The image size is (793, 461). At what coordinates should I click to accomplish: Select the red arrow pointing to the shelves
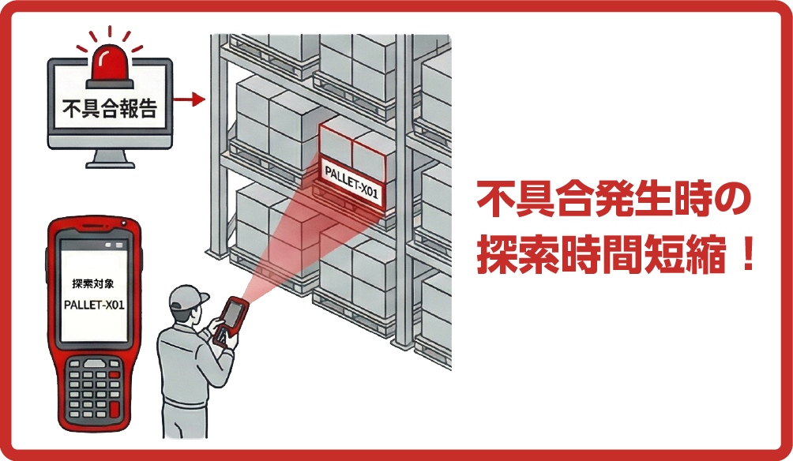[x=190, y=99]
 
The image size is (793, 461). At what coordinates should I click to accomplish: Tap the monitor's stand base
[x=109, y=163]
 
